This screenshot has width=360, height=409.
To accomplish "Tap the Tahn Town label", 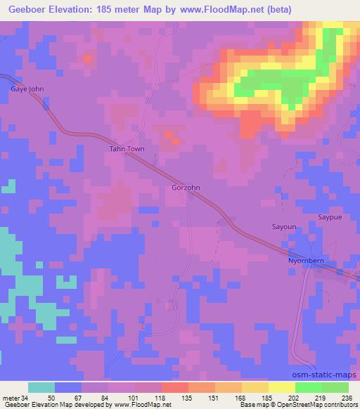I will tap(125, 149).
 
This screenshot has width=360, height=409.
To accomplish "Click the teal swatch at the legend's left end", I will tap(41, 387).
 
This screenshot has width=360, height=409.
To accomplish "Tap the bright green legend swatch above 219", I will tap(309, 387).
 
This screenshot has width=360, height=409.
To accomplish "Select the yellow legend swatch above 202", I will tap(282, 387).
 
